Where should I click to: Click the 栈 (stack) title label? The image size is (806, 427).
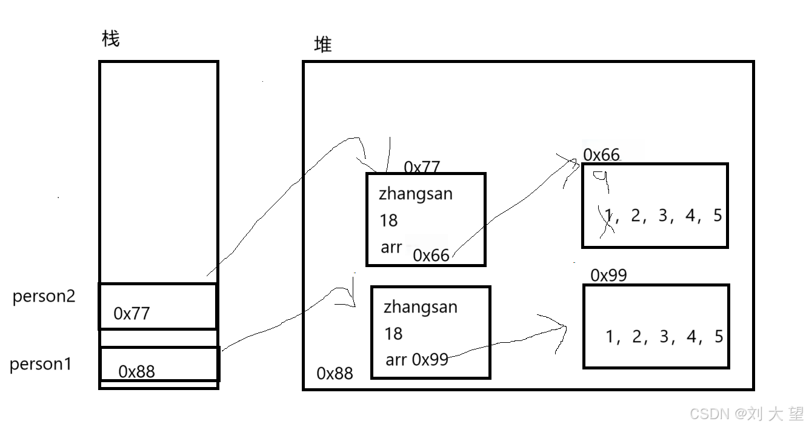point(111,39)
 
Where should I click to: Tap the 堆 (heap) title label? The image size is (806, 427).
point(323,44)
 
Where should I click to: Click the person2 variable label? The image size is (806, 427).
point(44,297)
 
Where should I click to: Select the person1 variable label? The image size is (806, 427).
point(41,365)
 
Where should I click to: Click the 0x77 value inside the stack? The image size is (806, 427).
point(131,314)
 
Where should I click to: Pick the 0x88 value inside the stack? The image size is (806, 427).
point(136,371)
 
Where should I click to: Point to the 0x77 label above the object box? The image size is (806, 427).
point(422,167)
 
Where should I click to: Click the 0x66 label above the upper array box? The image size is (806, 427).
point(601,155)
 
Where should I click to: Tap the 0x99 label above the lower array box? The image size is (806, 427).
point(608,276)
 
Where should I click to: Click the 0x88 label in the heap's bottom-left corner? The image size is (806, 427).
point(335,373)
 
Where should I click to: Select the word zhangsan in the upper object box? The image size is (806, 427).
point(416,194)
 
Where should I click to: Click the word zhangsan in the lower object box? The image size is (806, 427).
point(421,307)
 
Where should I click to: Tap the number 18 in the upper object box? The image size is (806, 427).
point(388,220)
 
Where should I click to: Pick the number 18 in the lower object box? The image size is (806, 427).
point(393,334)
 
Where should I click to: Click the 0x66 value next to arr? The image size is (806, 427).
point(431,256)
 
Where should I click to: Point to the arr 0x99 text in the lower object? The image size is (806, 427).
point(417,360)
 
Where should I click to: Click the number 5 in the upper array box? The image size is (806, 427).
point(718,216)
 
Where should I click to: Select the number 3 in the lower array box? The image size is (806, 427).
point(664,337)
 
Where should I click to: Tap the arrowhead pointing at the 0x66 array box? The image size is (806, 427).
point(573,162)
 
